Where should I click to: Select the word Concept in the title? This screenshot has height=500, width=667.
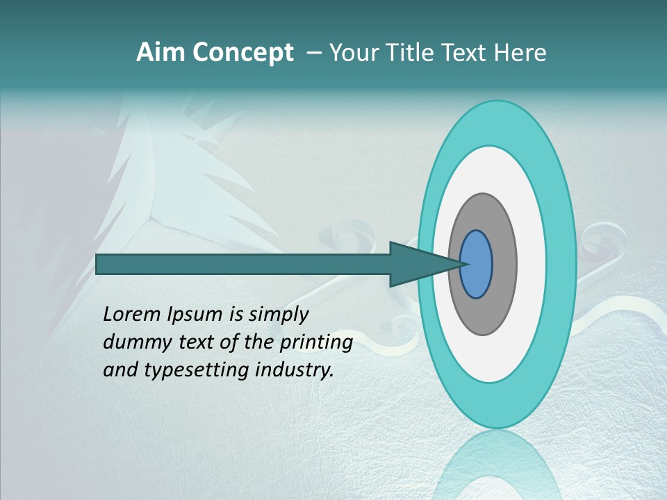click(x=242, y=53)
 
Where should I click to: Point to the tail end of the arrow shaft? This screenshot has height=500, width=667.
click(x=101, y=265)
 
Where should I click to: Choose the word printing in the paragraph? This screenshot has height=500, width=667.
click(x=315, y=343)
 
